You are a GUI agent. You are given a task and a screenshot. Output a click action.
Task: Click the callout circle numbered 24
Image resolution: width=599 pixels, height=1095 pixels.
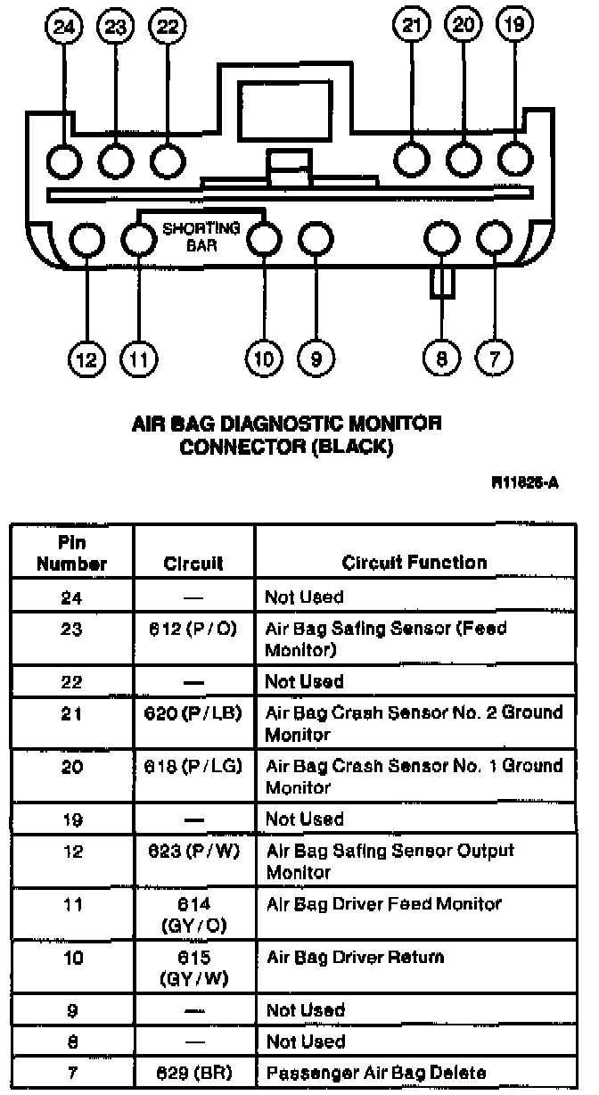click(63, 27)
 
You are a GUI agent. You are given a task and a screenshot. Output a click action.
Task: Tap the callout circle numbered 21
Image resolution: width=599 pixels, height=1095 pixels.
click(410, 27)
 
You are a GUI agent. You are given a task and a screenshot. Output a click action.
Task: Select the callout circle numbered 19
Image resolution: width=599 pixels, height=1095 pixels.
click(514, 27)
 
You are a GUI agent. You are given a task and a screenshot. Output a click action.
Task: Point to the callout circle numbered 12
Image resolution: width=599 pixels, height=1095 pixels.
click(86, 359)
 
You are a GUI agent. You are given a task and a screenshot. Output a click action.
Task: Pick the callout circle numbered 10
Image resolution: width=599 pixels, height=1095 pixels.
click(265, 359)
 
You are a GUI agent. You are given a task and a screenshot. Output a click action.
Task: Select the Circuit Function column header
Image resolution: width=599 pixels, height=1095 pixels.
click(414, 563)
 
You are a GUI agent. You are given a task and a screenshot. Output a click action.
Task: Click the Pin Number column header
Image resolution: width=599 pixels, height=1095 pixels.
click(72, 553)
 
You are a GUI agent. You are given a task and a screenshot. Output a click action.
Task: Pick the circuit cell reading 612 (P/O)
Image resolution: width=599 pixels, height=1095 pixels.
click(193, 629)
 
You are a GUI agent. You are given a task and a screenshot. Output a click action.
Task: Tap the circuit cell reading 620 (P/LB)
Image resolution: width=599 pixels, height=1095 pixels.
click(193, 713)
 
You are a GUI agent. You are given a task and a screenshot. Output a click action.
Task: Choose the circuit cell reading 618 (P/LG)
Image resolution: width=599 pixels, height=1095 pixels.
click(193, 766)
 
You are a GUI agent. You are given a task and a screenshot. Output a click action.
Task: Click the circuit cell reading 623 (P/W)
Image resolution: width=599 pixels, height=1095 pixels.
click(193, 851)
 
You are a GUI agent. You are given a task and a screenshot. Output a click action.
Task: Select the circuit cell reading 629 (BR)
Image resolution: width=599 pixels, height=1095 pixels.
click(193, 1073)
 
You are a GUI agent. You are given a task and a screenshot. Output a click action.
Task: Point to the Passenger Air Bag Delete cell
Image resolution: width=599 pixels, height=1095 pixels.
click(376, 1073)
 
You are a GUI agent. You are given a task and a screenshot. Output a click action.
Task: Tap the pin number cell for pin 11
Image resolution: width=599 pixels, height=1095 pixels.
click(72, 904)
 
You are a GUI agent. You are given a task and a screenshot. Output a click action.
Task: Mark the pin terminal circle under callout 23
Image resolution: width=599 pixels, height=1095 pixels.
click(115, 161)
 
